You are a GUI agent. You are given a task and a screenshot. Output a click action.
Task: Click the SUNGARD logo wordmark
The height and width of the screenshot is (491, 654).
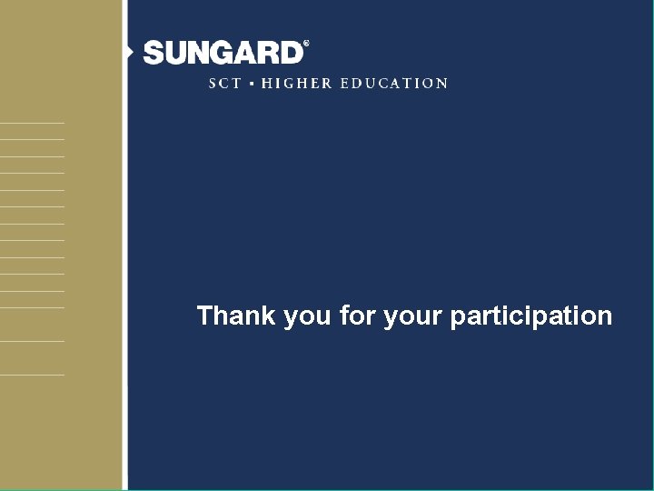223,53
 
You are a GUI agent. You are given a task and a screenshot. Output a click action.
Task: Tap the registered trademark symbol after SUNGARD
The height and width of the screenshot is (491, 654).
306,44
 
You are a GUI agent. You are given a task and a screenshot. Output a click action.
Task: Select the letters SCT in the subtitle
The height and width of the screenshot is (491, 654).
225,83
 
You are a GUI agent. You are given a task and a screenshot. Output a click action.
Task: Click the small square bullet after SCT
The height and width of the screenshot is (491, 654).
252,84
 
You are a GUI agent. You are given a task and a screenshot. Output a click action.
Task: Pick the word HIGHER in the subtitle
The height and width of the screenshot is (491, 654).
296,83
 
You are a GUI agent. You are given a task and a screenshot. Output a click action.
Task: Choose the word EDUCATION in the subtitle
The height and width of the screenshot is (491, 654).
394,83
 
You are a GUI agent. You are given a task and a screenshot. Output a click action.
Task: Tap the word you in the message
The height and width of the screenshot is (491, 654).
307,317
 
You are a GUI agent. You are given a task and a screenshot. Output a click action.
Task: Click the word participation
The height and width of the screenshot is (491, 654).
531,317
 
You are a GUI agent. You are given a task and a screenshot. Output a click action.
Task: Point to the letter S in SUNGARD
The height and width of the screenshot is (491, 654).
154,53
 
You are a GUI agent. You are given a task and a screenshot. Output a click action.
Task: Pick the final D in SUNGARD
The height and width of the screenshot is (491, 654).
291,53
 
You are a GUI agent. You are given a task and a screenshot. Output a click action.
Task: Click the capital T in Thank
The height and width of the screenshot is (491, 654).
205,316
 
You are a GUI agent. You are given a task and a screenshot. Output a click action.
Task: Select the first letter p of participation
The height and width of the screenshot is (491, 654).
458,318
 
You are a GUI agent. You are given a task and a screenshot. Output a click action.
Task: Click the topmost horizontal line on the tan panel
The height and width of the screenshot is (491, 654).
32,122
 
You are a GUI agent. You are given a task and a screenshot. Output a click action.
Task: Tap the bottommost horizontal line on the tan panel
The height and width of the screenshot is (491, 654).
32,375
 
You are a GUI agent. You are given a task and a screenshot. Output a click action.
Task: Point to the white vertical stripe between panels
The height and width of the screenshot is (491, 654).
125,273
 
